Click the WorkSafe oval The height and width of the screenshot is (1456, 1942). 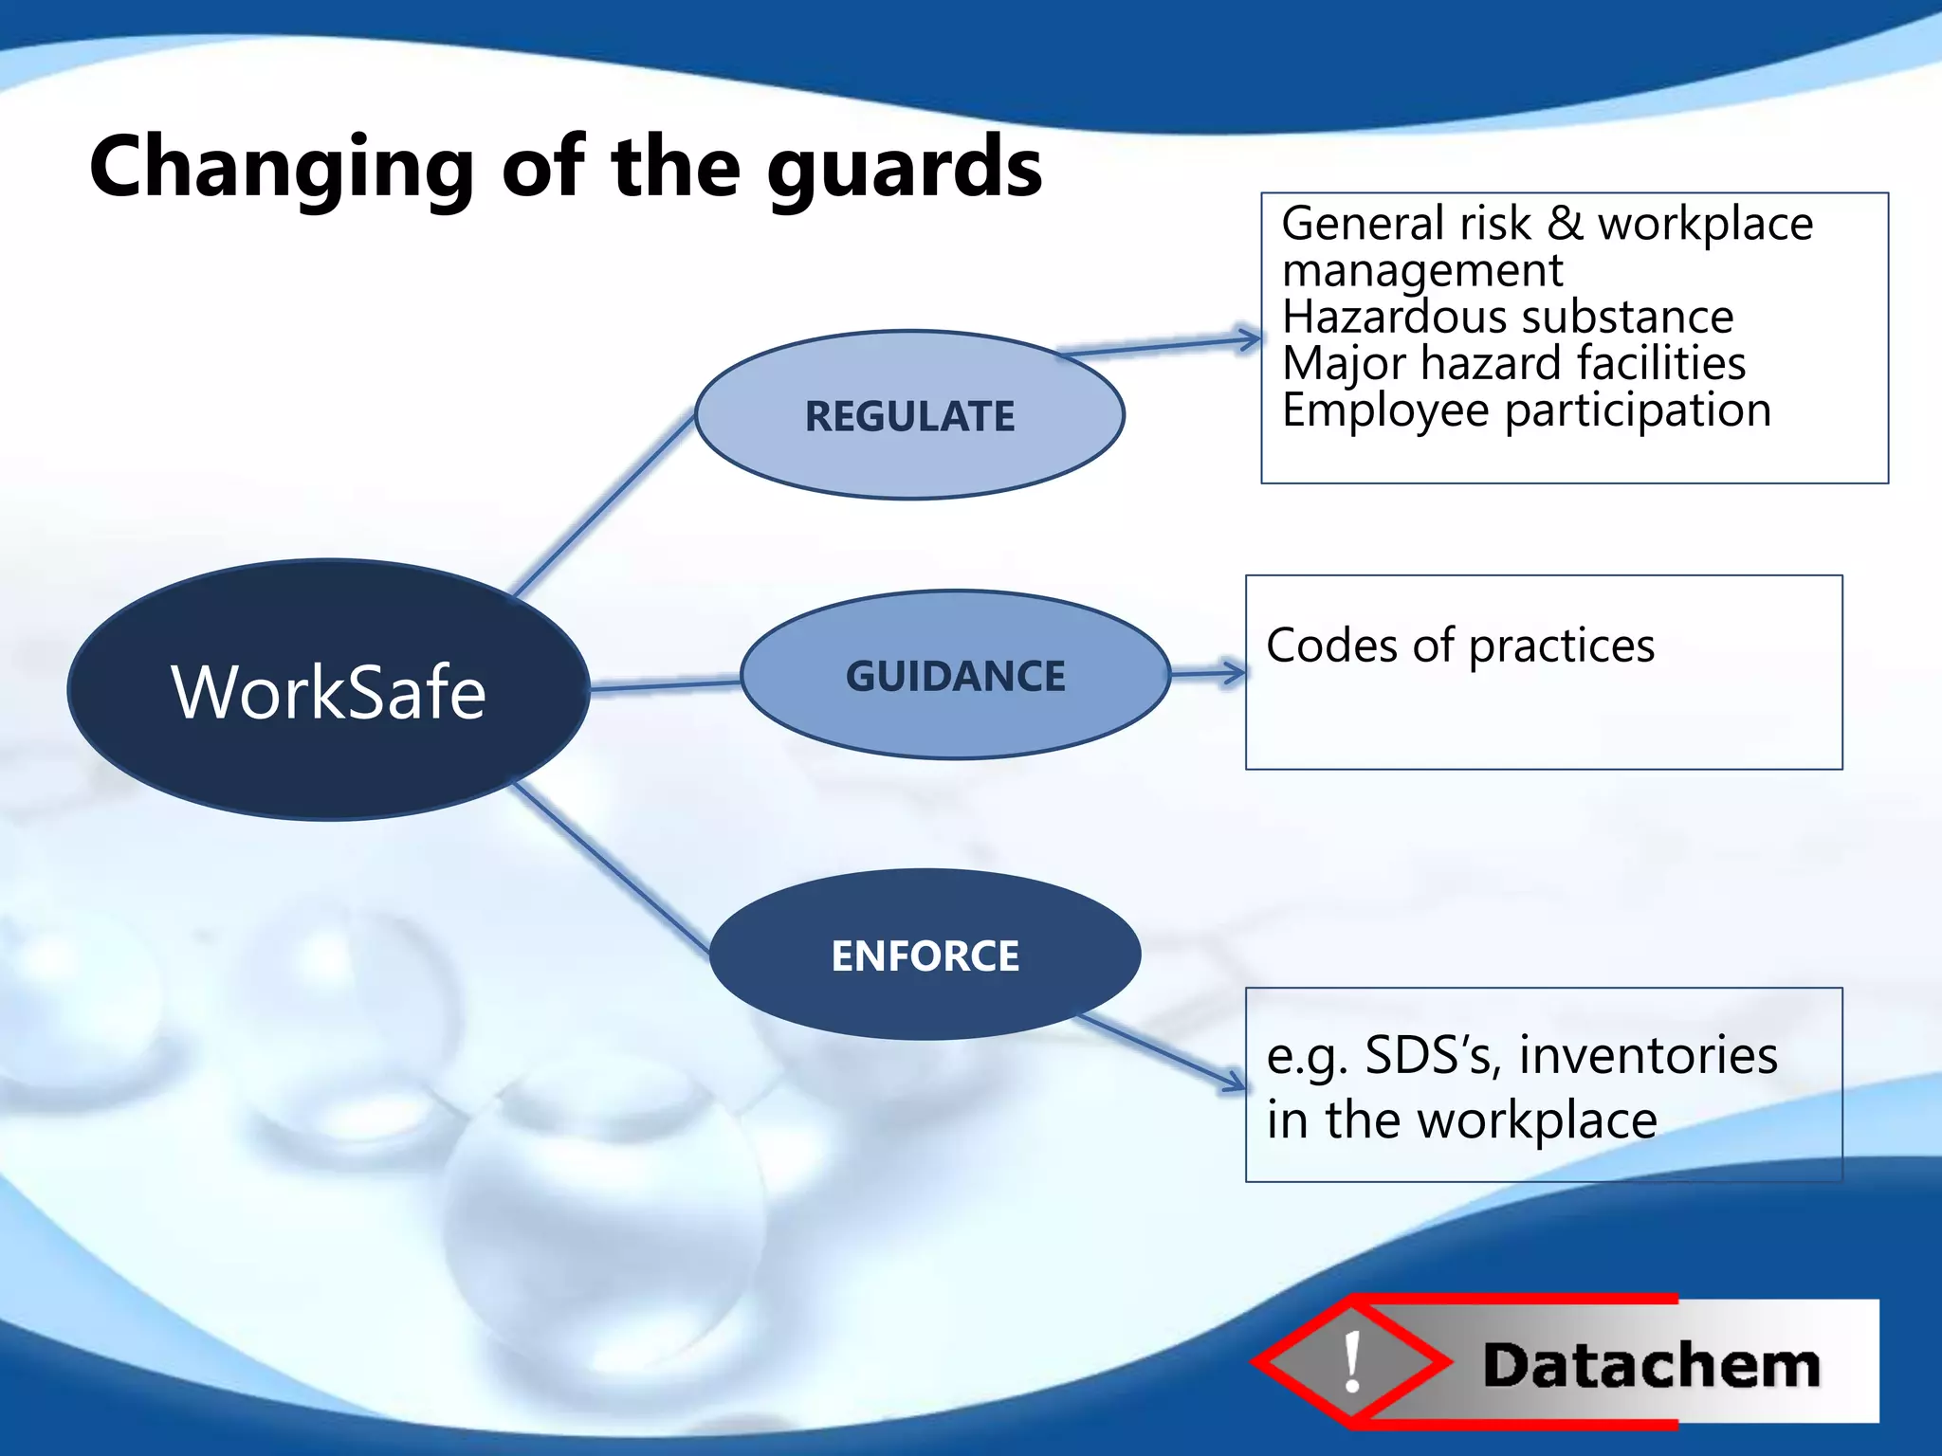coord(328,690)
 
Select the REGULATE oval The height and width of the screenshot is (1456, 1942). coord(909,415)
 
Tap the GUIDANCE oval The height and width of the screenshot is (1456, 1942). coord(955,675)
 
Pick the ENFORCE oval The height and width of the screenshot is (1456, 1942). coord(925,955)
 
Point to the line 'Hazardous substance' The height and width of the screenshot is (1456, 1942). coord(1507,317)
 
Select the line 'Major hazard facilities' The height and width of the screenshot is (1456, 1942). coord(1513,363)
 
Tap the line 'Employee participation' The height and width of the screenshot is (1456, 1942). coord(1526,409)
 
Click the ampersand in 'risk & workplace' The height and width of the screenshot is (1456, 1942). coord(1565,224)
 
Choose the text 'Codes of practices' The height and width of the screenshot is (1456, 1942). coord(1459,646)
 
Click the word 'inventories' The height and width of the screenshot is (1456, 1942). coord(1648,1055)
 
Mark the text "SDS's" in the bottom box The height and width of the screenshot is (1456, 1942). coord(1432,1055)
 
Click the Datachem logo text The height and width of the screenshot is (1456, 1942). coord(1651,1366)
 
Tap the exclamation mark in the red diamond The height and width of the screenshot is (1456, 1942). coord(1352,1361)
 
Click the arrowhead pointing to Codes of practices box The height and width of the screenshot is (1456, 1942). coord(1235,673)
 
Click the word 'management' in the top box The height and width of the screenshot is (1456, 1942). coord(1421,271)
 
